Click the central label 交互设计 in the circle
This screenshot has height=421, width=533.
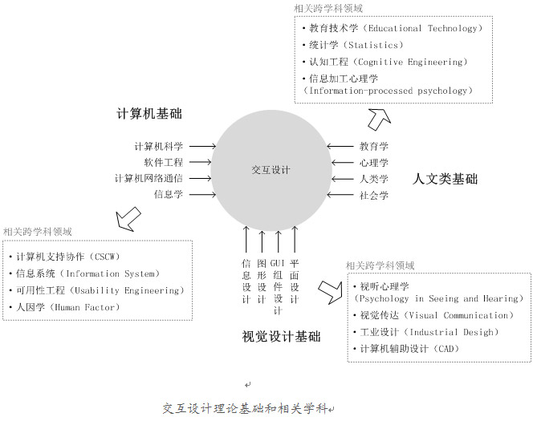[271, 170]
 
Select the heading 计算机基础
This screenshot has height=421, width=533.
[149, 114]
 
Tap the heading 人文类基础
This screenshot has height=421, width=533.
[445, 179]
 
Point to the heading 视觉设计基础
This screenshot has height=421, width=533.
[281, 337]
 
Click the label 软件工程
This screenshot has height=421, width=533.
[164, 162]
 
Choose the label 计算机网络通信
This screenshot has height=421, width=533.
[149, 178]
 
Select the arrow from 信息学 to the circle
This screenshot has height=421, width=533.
[202, 195]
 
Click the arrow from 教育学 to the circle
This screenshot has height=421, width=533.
[340, 146]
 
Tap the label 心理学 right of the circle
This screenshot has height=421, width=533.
[374, 163]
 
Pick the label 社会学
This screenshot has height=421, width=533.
[374, 195]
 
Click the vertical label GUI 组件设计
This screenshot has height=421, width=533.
[278, 287]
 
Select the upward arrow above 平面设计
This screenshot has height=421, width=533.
[295, 239]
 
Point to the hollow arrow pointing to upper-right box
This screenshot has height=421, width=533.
[379, 119]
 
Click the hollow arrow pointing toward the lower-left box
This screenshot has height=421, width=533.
[128, 219]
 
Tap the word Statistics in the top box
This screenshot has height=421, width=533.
[373, 45]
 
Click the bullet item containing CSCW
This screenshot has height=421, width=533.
[64, 257]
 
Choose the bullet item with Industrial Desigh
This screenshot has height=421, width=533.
[426, 332]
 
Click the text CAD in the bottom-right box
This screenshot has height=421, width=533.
[446, 349]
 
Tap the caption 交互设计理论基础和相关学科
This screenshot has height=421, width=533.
[245, 408]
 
